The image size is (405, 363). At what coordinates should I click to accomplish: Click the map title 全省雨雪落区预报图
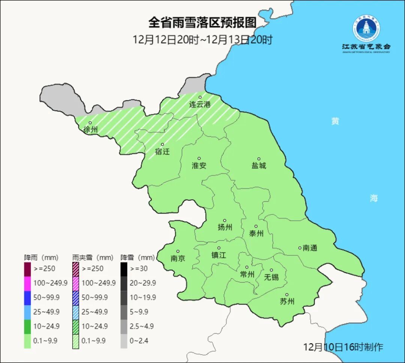point(202,22)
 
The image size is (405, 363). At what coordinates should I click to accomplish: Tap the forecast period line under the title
point(202,40)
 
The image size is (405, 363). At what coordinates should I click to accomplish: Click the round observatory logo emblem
point(366,28)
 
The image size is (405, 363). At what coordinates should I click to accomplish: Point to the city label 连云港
point(199,105)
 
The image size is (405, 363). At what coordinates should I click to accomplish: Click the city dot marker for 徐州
point(90,122)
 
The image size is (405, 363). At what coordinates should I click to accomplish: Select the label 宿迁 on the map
point(162,152)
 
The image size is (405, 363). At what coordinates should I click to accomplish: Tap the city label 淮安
point(199,166)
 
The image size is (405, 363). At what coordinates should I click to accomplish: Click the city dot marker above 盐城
point(258,159)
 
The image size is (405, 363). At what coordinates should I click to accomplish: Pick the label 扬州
point(225,227)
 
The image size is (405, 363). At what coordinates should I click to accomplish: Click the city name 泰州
point(256,234)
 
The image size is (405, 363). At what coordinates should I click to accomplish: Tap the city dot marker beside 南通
point(300,248)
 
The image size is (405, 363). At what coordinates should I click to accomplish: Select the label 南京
point(178,258)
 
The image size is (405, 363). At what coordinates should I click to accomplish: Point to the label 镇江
point(219,255)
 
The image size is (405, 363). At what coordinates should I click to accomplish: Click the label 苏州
point(287,302)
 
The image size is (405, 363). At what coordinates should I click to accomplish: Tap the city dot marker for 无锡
point(271,270)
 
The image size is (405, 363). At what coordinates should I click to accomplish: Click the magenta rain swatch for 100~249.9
point(27,283)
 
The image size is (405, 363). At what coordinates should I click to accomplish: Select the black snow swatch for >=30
point(124,269)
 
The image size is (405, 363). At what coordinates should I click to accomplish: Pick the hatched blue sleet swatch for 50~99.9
point(75,297)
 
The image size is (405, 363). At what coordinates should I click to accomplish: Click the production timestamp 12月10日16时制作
point(343,347)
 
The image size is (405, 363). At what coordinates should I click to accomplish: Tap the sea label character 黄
point(335,121)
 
